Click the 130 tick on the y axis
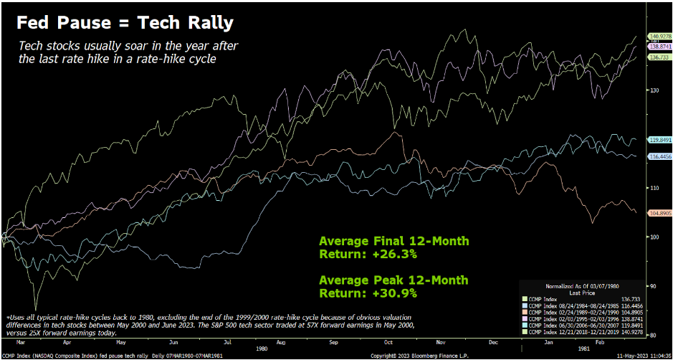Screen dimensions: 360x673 click(654, 90)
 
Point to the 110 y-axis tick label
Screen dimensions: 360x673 click(654, 188)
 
